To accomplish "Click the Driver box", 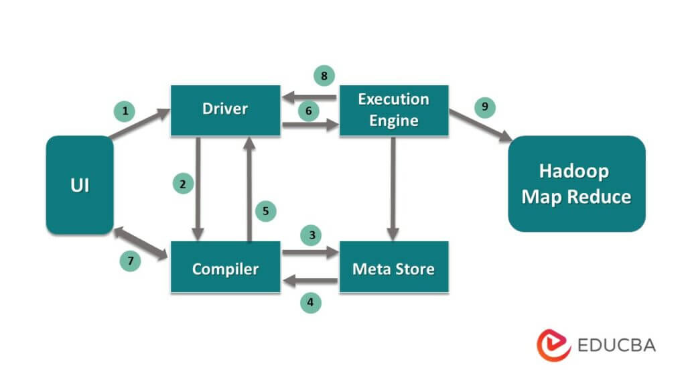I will [x=225, y=109].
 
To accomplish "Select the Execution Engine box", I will [x=393, y=109].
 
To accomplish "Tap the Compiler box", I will [x=225, y=269].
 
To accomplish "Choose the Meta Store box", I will [x=393, y=269].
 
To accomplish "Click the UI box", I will [x=79, y=185].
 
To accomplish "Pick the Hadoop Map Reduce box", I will [x=576, y=184].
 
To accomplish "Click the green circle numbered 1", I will [x=124, y=111].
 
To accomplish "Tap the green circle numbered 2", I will [x=183, y=183].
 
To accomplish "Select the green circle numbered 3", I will [x=310, y=235].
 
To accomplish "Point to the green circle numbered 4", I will [x=310, y=302].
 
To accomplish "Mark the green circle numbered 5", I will [x=265, y=210].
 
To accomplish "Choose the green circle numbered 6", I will [x=308, y=111].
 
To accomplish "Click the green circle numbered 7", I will [x=130, y=261].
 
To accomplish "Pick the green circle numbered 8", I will [x=324, y=76].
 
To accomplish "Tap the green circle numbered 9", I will [x=484, y=107].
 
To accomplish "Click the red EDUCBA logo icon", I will [x=553, y=345].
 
